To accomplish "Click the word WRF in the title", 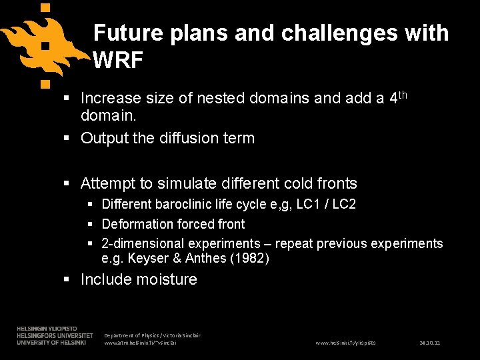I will pos(118,61).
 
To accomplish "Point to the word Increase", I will pos(111,99).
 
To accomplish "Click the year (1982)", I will pos(249,258).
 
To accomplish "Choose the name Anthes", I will pos(203,258).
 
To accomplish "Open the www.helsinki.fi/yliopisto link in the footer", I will pos(345,343).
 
